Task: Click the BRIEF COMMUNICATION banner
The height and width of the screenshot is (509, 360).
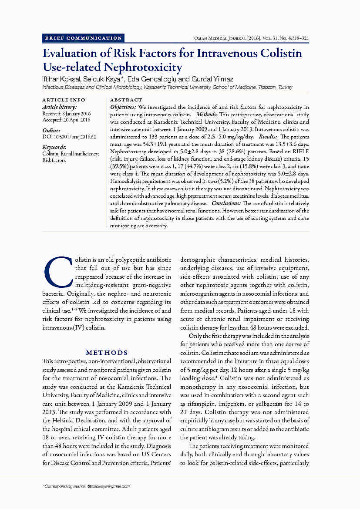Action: point(83,38)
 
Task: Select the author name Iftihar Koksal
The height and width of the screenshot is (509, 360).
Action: point(58,79)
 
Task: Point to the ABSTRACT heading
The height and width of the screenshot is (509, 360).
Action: point(126,100)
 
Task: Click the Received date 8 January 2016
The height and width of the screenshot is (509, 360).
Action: point(66,113)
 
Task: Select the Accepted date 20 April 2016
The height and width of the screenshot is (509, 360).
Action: point(66,120)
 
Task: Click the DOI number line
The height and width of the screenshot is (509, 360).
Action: point(69,137)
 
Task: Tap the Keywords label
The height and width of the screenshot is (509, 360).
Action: point(54,147)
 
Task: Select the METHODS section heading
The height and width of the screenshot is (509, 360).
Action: point(107,353)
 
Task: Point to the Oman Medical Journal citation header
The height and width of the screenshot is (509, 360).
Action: point(251,38)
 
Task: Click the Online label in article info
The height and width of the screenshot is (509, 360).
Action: point(51,130)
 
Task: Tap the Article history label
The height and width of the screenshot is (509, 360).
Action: point(60,107)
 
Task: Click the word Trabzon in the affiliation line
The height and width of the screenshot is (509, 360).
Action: point(267,87)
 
